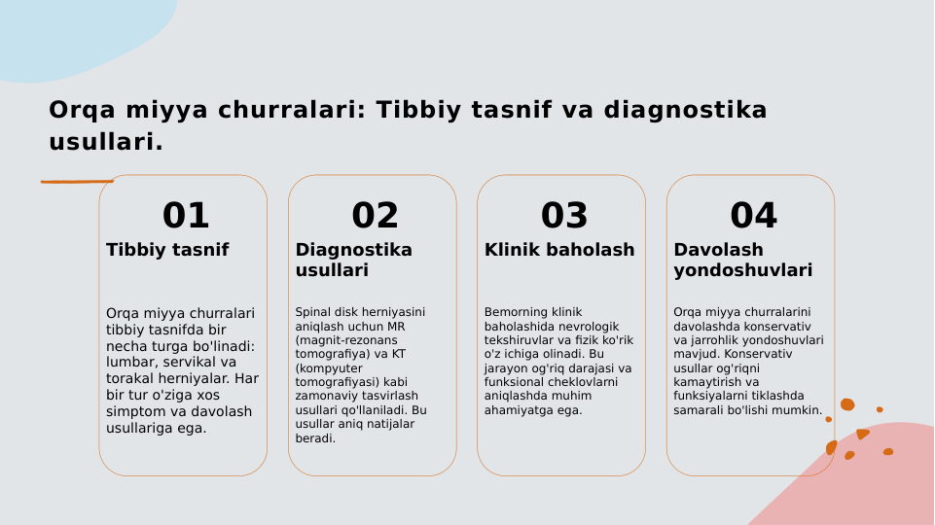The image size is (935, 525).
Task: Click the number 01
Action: click(x=185, y=216)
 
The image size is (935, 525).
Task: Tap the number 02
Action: click(x=375, y=216)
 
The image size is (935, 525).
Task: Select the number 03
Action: click(x=564, y=216)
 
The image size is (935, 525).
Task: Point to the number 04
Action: click(x=753, y=216)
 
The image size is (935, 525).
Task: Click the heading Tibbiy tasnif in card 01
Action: click(x=167, y=250)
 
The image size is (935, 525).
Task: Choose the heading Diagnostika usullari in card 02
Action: click(x=353, y=260)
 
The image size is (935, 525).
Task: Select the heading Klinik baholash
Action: click(x=559, y=250)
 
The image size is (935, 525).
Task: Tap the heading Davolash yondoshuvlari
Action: click(x=742, y=260)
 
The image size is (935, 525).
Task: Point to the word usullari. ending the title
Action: click(x=106, y=143)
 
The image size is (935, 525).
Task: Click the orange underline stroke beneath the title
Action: click(x=77, y=181)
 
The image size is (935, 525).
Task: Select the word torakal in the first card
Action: click(x=129, y=379)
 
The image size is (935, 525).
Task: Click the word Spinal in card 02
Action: click(x=314, y=312)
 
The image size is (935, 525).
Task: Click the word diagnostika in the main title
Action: click(x=685, y=111)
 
